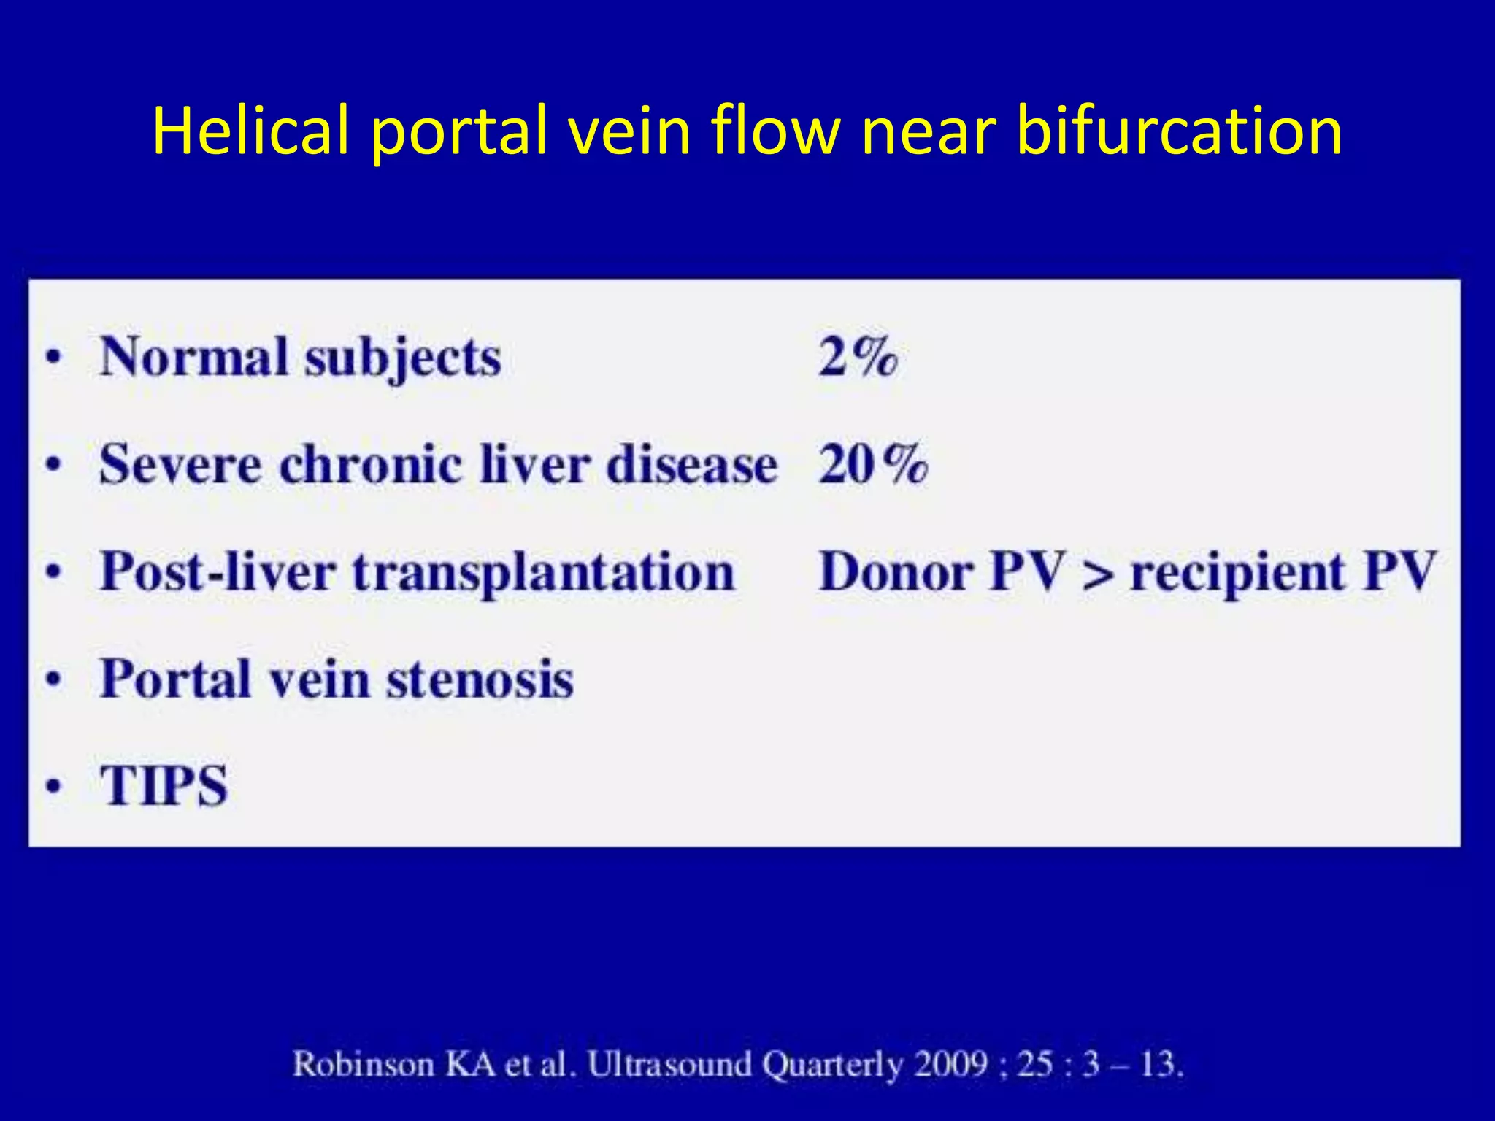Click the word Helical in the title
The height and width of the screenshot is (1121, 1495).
pyautogui.click(x=250, y=131)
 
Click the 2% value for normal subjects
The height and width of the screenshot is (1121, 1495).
pyautogui.click(x=858, y=357)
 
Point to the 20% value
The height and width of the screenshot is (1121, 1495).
pyautogui.click(x=873, y=464)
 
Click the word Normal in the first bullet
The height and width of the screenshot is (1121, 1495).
pyautogui.click(x=194, y=357)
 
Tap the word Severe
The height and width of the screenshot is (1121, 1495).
pyautogui.click(x=180, y=464)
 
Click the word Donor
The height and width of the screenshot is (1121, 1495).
pyautogui.click(x=896, y=571)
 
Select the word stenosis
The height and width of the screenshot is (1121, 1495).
pyautogui.click(x=480, y=679)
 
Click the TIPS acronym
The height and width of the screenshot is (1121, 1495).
pyautogui.click(x=165, y=786)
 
